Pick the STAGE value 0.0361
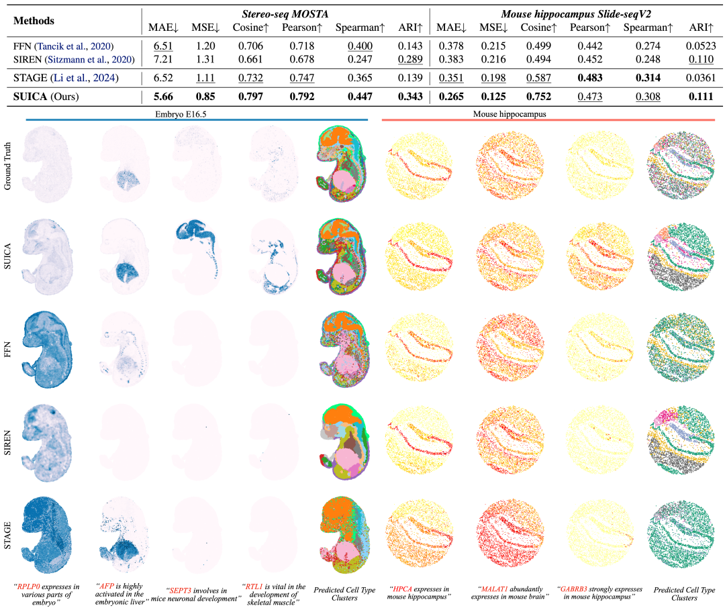pos(702,78)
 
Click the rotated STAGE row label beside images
pos(8,523)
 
